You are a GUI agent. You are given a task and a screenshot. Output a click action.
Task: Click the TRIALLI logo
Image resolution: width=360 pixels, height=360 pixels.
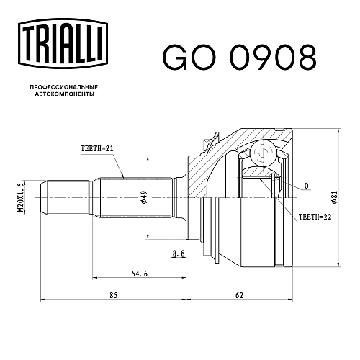pyautogui.click(x=63, y=45)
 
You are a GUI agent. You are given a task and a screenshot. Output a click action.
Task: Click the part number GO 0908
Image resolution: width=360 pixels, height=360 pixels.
pyautogui.click(x=239, y=57)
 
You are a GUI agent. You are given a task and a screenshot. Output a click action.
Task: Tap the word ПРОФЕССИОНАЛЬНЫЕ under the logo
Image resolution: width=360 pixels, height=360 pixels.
pyautogui.click(x=64, y=87)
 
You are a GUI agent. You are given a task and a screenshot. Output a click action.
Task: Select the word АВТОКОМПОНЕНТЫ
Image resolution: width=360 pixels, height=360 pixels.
pyautogui.click(x=65, y=94)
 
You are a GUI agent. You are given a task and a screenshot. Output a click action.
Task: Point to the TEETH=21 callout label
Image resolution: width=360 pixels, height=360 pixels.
pyautogui.click(x=96, y=149)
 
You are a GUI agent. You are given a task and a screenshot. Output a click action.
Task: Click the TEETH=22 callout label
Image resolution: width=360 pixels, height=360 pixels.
pyautogui.click(x=315, y=217)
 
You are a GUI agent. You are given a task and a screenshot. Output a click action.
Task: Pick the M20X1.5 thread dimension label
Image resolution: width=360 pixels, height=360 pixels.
pyautogui.click(x=21, y=197)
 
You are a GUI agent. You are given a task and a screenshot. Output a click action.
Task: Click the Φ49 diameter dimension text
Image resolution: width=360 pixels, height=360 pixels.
pyautogui.click(x=144, y=197)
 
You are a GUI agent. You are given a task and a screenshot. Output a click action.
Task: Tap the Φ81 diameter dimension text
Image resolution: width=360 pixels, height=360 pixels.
pyautogui.click(x=334, y=197)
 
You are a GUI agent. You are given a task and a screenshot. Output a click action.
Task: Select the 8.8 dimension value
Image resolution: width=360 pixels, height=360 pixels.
pyautogui.click(x=179, y=253)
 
